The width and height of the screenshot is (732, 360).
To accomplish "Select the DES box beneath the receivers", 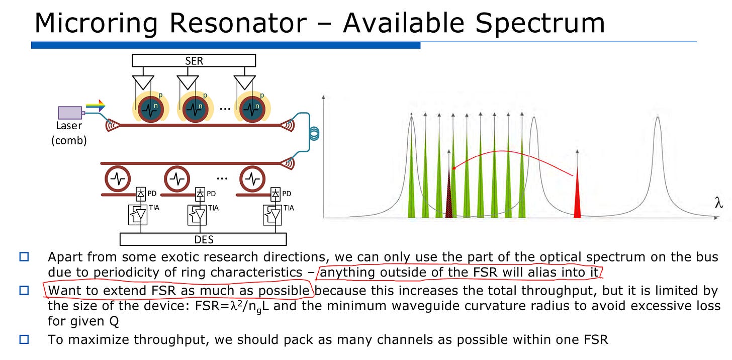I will coord(203,239).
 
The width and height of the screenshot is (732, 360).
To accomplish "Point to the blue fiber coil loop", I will coord(315,133).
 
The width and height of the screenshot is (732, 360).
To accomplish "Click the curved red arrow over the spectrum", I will coord(508,152).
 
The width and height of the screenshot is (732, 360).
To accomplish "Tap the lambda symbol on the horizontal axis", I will coord(719,203).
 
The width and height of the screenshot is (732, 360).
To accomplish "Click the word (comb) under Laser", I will coord(69,141).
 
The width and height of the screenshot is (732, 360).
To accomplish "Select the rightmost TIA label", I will coord(289,208).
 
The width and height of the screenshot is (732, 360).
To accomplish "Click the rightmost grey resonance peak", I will coord(658,126).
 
